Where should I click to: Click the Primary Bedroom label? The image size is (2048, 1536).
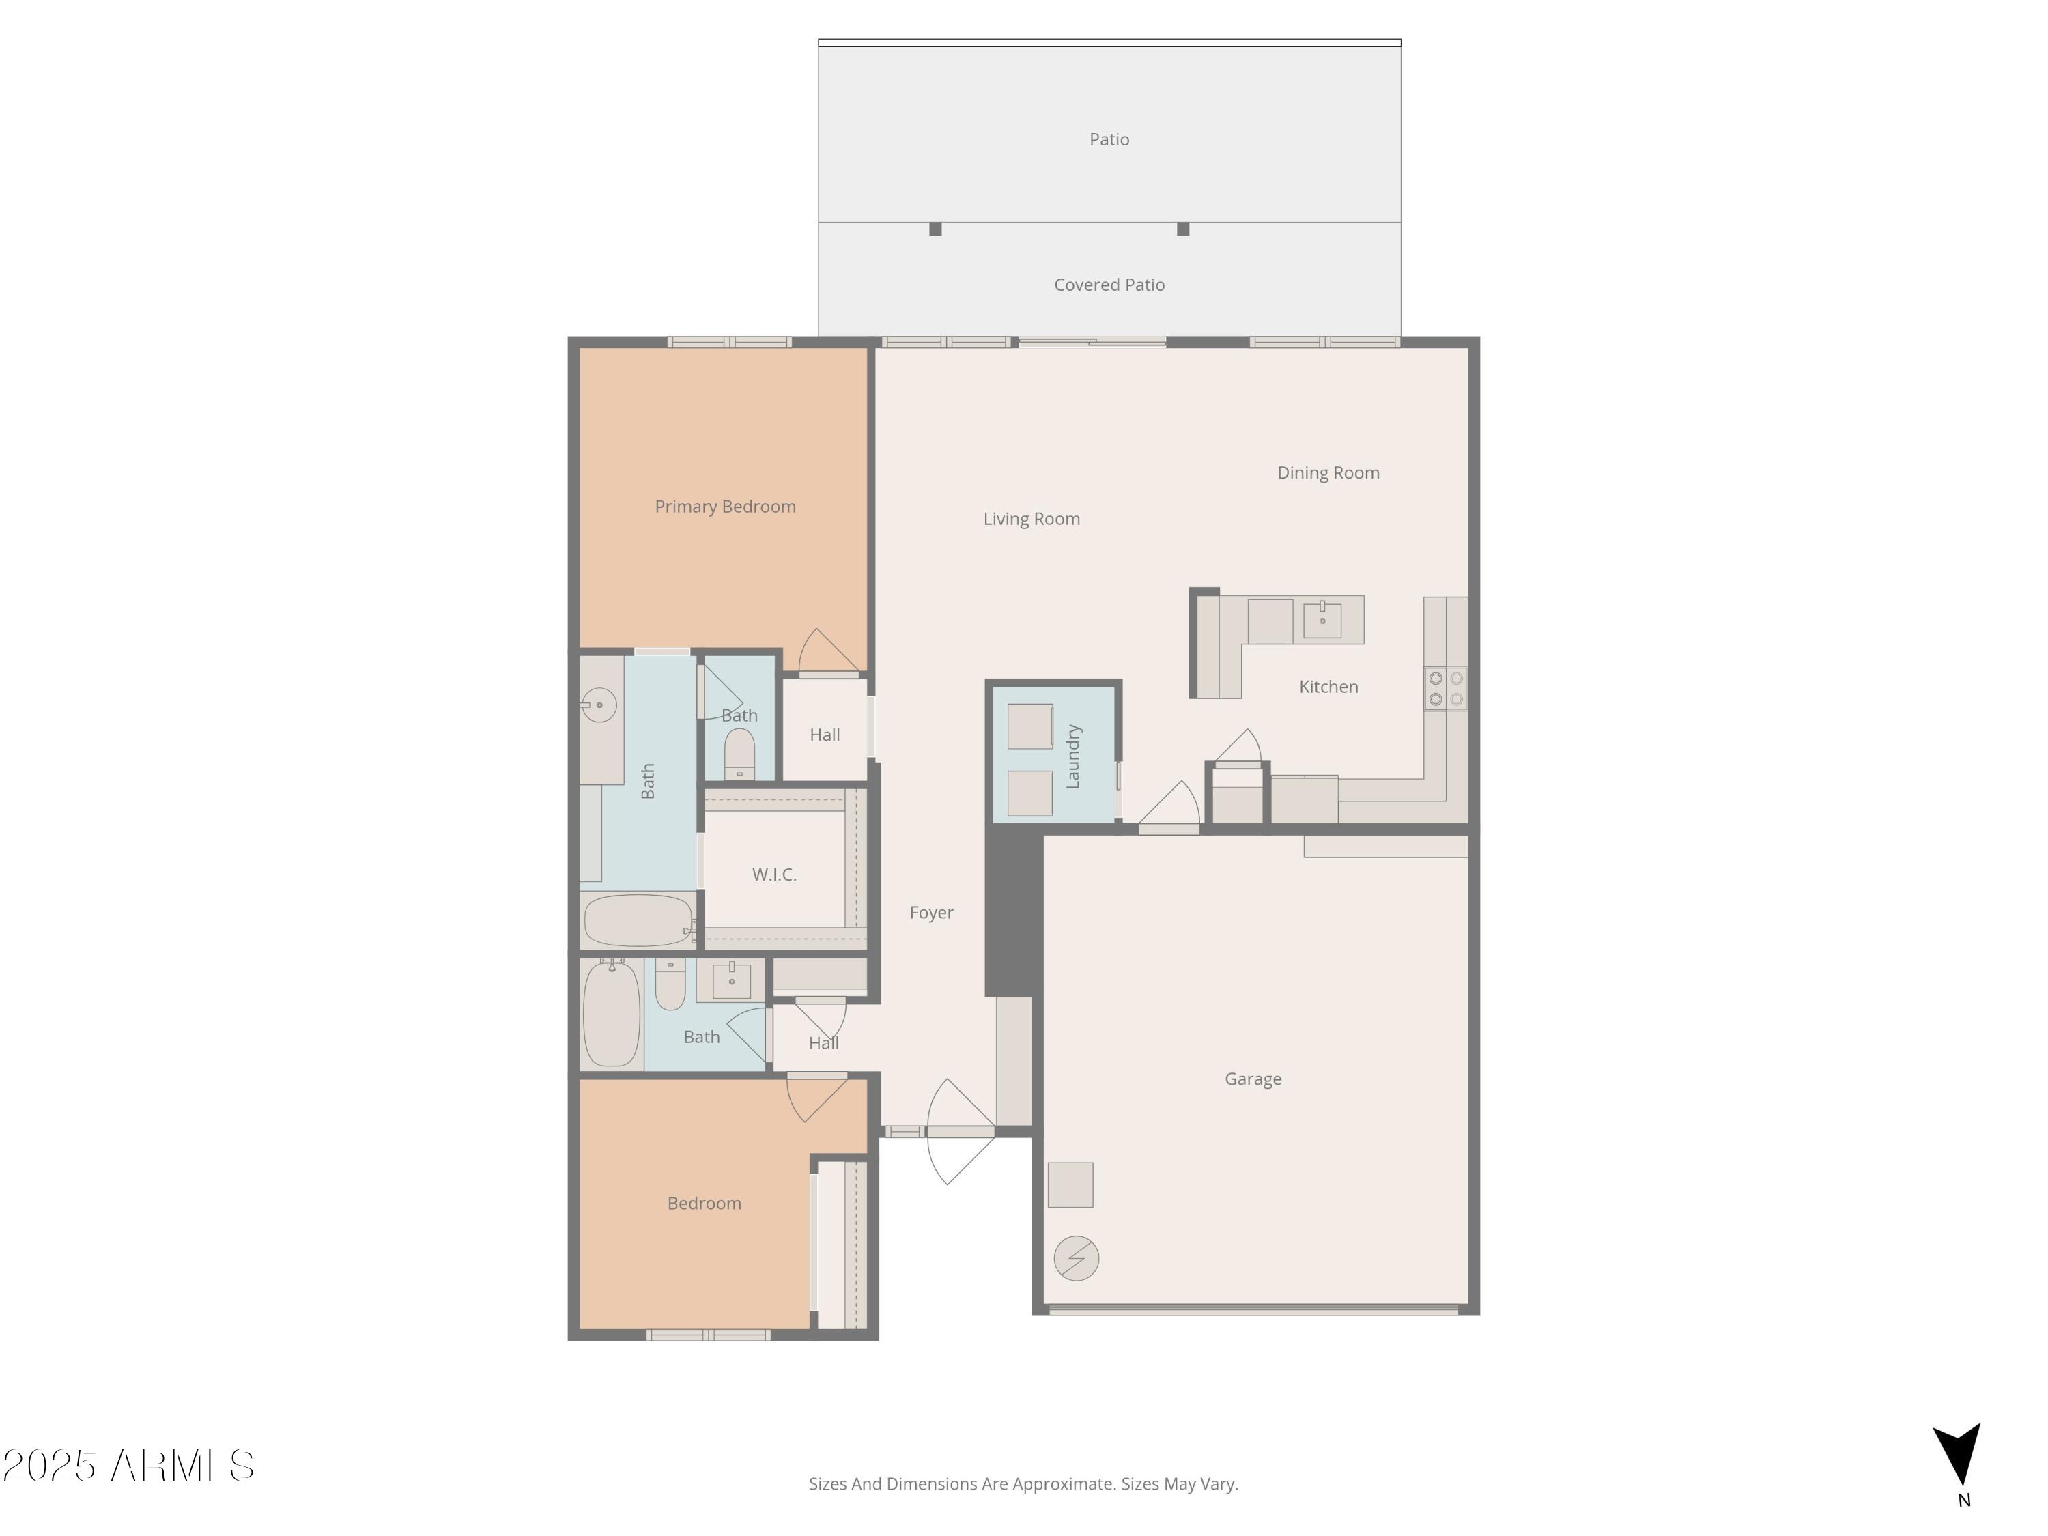725,507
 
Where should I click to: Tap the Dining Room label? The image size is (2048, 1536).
1328,472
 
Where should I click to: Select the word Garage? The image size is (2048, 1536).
1253,1079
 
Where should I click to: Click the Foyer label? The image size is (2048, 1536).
930,912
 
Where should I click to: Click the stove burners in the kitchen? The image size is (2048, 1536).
1445,689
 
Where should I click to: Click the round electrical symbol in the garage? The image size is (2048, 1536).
1076,1258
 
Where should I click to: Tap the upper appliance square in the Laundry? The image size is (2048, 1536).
1029,726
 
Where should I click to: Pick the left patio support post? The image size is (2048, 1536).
935,229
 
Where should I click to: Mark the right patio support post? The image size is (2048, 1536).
1182,229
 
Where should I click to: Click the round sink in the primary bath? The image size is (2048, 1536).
599,705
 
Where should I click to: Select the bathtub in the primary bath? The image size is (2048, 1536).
638,920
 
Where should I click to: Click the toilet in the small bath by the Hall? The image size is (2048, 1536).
739,754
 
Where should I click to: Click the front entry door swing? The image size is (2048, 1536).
958,1131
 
